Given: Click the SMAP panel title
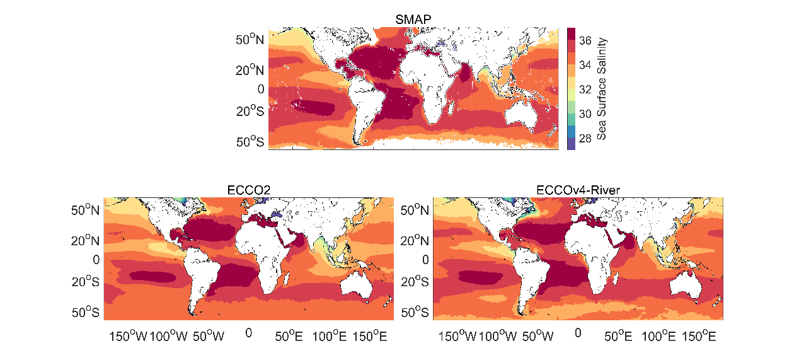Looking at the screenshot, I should [413, 20].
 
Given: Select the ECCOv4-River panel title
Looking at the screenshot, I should [578, 190].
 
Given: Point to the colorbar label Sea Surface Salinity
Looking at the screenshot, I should [602, 88].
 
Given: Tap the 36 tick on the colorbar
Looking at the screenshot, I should [585, 40].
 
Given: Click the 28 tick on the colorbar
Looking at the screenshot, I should [585, 137].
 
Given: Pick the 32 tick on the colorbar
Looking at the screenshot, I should [585, 89].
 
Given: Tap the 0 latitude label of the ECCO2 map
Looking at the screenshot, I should [96, 259].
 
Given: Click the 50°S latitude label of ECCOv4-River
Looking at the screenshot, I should [416, 312].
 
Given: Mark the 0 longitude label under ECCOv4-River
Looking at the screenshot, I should [578, 332].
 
